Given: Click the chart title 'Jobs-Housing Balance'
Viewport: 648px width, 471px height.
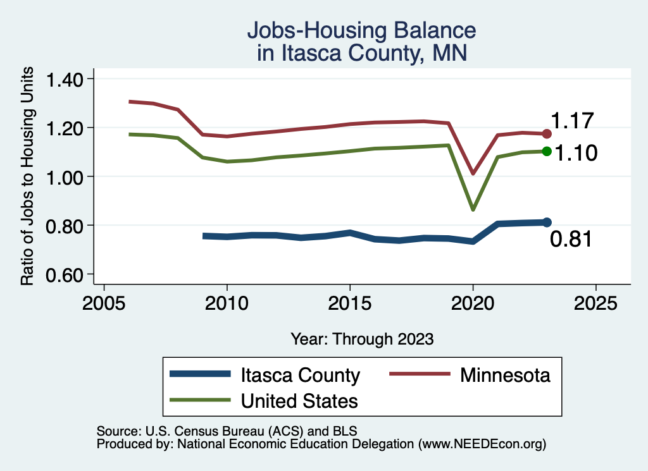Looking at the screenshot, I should point(361,30).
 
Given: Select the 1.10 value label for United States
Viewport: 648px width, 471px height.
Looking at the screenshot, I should point(576,153).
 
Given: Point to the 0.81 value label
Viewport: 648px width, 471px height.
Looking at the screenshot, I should point(570,239).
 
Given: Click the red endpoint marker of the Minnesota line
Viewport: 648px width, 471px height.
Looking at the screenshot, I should point(547,134).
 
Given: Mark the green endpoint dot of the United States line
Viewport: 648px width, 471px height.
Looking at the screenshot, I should point(547,151).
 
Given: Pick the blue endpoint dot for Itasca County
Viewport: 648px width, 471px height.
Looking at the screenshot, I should point(547,222).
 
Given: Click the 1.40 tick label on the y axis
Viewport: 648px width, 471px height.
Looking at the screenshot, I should point(66,79).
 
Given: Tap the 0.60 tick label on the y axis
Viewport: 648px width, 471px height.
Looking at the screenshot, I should point(66,274).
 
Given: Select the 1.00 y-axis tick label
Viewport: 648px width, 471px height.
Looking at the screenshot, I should point(66,176).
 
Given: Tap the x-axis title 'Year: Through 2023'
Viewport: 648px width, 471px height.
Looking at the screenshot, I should point(362,339).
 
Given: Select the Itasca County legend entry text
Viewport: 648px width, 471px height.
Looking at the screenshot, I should point(300,375).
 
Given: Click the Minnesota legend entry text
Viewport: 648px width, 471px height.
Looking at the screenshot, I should point(505,375).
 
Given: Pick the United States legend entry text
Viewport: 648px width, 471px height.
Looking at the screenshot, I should point(299,400).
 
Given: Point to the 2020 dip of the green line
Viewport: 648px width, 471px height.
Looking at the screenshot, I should point(473,209).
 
